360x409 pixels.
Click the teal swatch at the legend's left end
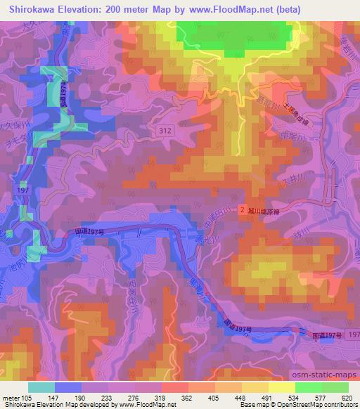41,387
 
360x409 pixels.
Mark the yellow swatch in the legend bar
281,387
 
